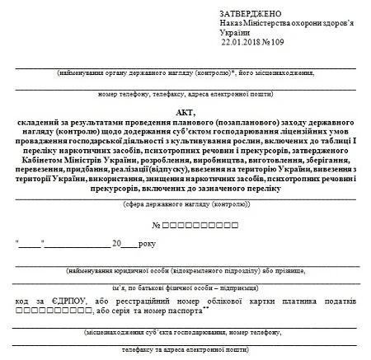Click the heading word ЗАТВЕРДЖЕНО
click(x=251, y=14)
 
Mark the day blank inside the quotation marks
click(x=29, y=245)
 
